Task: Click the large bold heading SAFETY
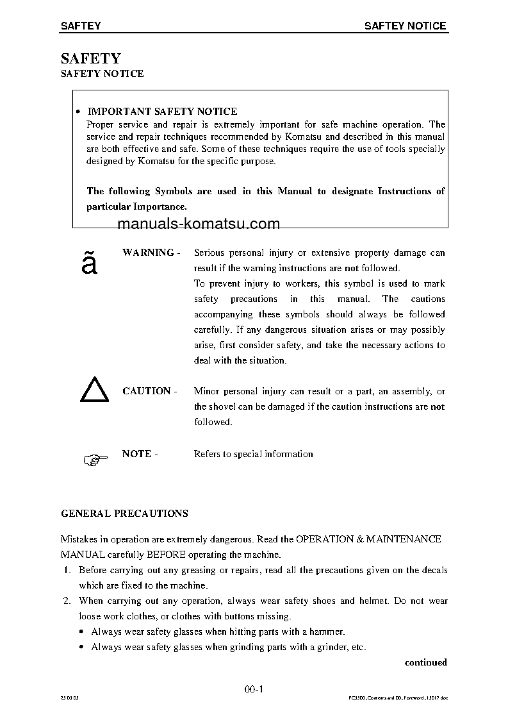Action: pyautogui.click(x=90, y=58)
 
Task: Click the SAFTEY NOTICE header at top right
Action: pyautogui.click(x=405, y=26)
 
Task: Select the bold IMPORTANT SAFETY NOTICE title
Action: pyautogui.click(x=162, y=112)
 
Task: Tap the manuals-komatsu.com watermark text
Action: pyautogui.click(x=199, y=224)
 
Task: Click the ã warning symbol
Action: pyautogui.click(x=90, y=264)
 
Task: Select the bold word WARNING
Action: pyautogui.click(x=148, y=253)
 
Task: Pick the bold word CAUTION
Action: pyautogui.click(x=147, y=391)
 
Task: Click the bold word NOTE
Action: pyautogui.click(x=136, y=454)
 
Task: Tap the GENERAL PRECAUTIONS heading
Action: pyautogui.click(x=124, y=514)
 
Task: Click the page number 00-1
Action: pyautogui.click(x=254, y=689)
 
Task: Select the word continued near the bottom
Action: pyautogui.click(x=425, y=662)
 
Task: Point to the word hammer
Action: pyautogui.click(x=329, y=632)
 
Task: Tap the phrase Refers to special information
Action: pyautogui.click(x=254, y=454)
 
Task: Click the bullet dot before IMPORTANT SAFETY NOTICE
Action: pyautogui.click(x=77, y=112)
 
